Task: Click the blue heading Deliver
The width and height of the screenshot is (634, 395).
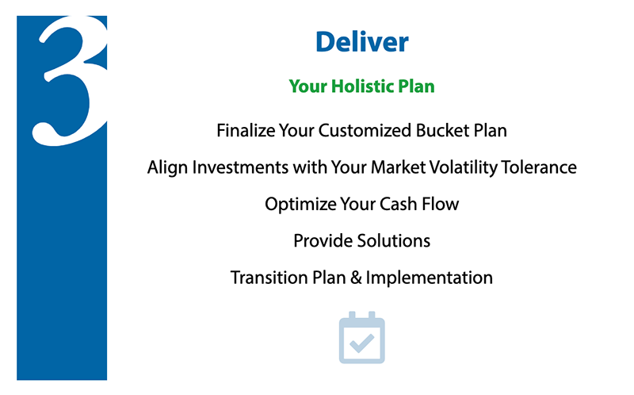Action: (362, 42)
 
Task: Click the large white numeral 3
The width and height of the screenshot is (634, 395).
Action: (70, 81)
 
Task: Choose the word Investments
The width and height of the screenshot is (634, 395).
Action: (240, 167)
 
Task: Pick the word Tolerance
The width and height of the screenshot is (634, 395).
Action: (539, 167)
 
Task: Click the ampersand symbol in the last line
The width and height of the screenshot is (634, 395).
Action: (356, 278)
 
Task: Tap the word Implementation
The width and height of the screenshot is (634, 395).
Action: (429, 278)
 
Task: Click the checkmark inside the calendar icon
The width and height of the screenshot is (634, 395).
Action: (362, 343)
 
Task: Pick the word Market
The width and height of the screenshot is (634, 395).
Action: (398, 167)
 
